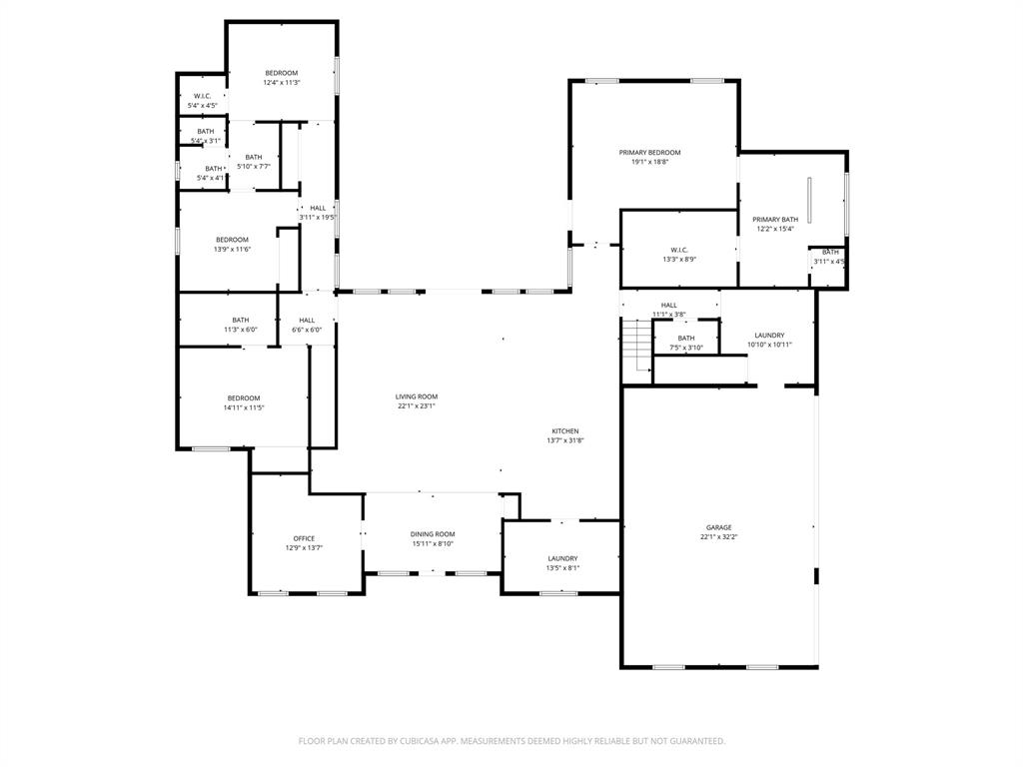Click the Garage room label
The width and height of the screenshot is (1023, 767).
(x=718, y=527)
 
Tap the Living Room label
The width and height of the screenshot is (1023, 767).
(x=417, y=396)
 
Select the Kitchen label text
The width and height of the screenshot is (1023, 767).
(x=563, y=431)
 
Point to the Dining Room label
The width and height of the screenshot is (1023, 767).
(x=433, y=534)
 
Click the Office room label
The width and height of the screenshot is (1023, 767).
(x=304, y=538)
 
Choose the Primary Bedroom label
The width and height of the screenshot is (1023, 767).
(x=649, y=152)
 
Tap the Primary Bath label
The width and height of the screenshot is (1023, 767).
(x=775, y=220)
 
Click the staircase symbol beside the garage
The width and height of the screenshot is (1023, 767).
(x=635, y=345)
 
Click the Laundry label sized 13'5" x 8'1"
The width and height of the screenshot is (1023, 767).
(x=562, y=558)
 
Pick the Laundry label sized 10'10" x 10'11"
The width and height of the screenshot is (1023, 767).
(x=769, y=336)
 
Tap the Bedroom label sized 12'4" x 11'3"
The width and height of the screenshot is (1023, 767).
(x=281, y=73)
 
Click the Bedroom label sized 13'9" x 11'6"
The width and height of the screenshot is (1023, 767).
(x=232, y=240)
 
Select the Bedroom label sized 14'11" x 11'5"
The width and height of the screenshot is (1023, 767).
(x=243, y=398)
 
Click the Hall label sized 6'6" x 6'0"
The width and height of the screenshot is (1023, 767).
(x=307, y=321)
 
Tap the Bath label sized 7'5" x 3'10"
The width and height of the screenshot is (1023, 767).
(x=686, y=339)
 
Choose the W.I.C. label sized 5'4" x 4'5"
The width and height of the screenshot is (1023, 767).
(x=202, y=96)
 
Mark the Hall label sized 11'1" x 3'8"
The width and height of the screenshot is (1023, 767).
(x=668, y=306)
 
